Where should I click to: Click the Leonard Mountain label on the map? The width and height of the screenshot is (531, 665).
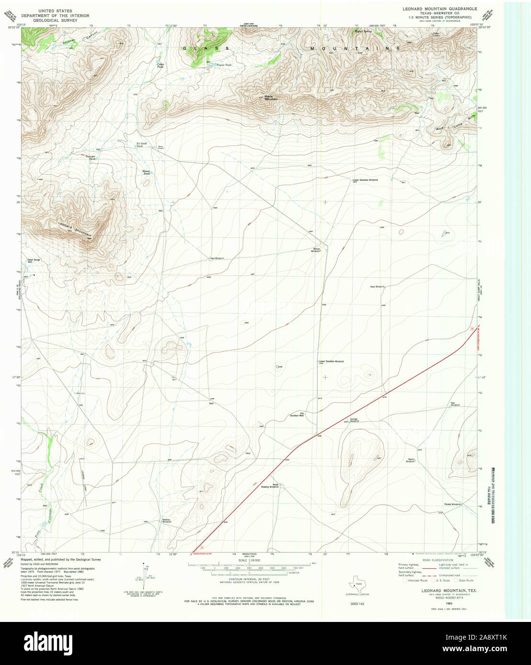click(x=75, y=229)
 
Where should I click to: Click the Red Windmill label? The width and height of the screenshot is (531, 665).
click(x=217, y=258)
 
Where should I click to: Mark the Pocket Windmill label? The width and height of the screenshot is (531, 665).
click(x=452, y=504)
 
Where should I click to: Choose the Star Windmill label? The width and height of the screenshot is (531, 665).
click(x=455, y=404)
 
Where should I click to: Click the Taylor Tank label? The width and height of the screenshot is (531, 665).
click(x=224, y=65)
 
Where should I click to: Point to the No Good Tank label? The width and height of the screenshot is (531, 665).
click(x=141, y=144)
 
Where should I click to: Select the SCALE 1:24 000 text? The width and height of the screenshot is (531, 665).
click(x=249, y=560)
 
